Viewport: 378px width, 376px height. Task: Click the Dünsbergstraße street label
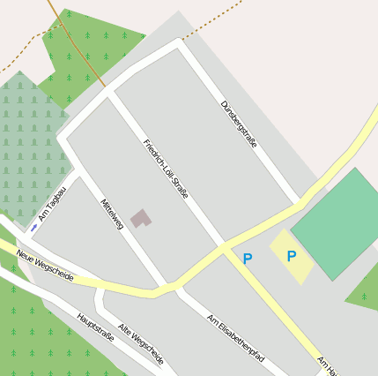(239, 124)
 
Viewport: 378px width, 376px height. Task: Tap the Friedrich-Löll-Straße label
(166, 168)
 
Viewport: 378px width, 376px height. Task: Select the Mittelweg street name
(112, 214)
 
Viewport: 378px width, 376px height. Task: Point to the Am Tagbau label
(52, 204)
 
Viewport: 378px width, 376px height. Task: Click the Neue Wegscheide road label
(44, 266)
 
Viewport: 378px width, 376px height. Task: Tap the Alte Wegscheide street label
(140, 343)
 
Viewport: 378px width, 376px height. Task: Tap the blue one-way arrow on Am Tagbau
(33, 228)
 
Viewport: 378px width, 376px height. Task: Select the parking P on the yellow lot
(291, 257)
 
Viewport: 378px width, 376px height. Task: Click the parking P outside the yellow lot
(248, 259)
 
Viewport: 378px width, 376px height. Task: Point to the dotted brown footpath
(211, 21)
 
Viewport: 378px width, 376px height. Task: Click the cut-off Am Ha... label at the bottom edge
(328, 365)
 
